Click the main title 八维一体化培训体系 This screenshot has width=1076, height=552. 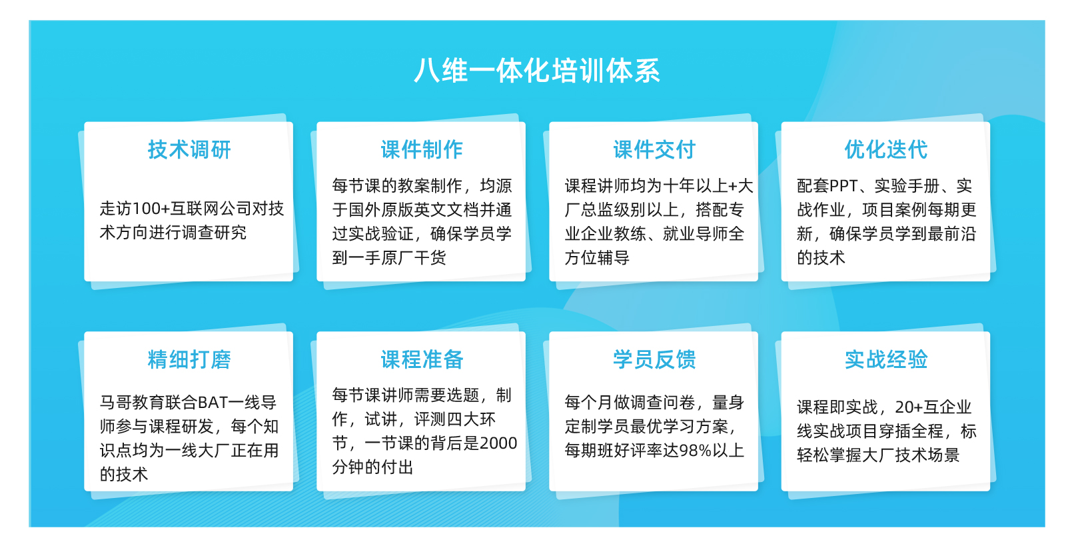537,71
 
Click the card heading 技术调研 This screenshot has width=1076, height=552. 189,149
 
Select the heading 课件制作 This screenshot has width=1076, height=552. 422,149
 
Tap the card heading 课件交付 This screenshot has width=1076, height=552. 654,149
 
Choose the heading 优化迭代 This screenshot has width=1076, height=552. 886,149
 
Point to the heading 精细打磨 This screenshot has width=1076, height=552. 189,359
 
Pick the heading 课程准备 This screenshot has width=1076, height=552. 422,359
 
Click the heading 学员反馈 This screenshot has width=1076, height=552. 654,359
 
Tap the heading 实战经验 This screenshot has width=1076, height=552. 886,359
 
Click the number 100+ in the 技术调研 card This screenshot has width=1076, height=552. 151,209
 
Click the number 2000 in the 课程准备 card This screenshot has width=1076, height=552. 498,443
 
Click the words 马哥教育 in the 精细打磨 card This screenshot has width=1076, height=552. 132,402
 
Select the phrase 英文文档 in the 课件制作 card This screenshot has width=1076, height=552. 446,209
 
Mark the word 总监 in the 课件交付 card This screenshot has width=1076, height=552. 597,209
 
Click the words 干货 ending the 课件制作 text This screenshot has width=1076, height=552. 430,258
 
